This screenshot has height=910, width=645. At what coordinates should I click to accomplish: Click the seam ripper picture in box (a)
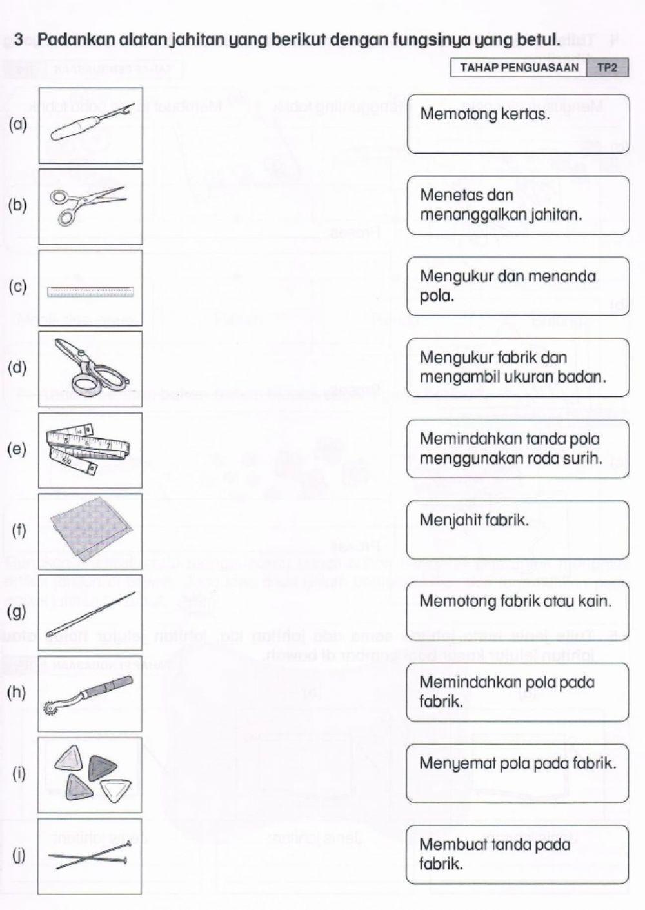tap(90, 125)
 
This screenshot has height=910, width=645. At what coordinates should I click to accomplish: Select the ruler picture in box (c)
tap(90, 292)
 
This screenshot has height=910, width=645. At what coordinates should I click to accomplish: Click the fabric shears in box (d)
tap(89, 369)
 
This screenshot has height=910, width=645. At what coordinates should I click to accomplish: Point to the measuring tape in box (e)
tap(89, 450)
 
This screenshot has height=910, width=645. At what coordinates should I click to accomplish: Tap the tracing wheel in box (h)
tap(89, 694)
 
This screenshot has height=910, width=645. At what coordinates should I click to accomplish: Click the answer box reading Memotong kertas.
tap(517, 124)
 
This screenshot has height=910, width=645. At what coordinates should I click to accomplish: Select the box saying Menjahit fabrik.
tap(517, 529)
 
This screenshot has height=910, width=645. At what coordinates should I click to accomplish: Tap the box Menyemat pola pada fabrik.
tap(517, 773)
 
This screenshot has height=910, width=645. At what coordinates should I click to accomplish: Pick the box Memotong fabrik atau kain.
tap(517, 610)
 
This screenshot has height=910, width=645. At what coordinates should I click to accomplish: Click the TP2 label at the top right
tap(607, 67)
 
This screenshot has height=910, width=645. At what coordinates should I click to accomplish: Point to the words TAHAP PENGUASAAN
tap(519, 67)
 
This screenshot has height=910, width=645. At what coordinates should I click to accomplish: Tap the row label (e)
tap(17, 449)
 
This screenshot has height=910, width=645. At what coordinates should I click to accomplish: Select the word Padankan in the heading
tap(66, 39)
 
